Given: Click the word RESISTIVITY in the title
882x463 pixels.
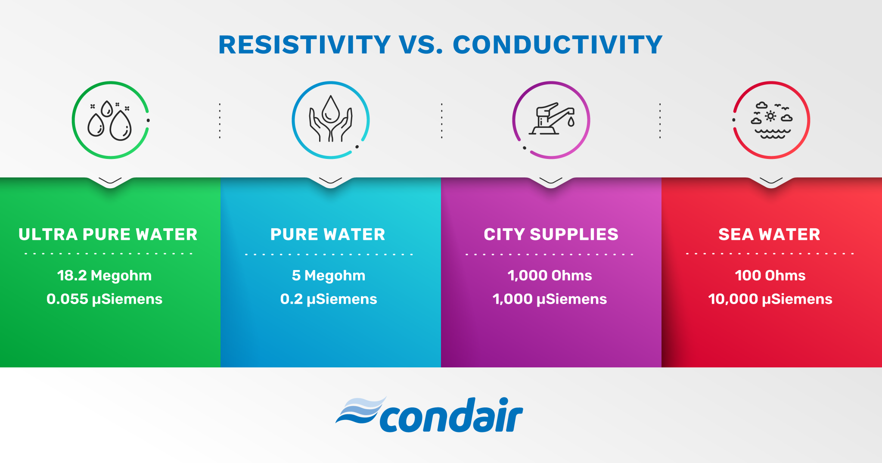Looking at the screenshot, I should pyautogui.click(x=304, y=45).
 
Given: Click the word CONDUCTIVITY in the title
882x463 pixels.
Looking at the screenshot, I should pyautogui.click(x=557, y=45).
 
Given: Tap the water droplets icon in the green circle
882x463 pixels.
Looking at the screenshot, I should pyautogui.click(x=110, y=121).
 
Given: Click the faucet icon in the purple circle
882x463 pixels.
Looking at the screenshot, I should pyautogui.click(x=551, y=120).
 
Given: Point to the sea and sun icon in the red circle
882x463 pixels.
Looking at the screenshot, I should pyautogui.click(x=772, y=121).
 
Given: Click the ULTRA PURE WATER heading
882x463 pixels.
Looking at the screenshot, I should pyautogui.click(x=108, y=234).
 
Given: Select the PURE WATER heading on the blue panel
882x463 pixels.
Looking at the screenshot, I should pyautogui.click(x=328, y=234).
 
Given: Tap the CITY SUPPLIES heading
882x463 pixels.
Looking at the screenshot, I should pyautogui.click(x=551, y=234).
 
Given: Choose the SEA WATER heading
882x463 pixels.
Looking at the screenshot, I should pyautogui.click(x=769, y=234).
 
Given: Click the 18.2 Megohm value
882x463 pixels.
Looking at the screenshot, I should pyautogui.click(x=104, y=275).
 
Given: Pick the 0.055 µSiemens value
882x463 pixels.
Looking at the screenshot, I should pyautogui.click(x=104, y=299).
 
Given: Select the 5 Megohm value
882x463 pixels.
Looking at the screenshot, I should pyautogui.click(x=329, y=275).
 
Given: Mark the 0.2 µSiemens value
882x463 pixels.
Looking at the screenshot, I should pyautogui.click(x=329, y=299).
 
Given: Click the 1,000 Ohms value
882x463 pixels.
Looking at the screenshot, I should pyautogui.click(x=550, y=275).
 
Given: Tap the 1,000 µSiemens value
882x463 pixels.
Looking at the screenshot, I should pyautogui.click(x=550, y=299).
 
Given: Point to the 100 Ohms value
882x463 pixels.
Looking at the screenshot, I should pyautogui.click(x=770, y=275).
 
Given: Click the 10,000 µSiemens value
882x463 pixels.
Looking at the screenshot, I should pyautogui.click(x=770, y=299).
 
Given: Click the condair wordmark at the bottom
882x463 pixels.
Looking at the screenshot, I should pyautogui.click(x=451, y=416).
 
